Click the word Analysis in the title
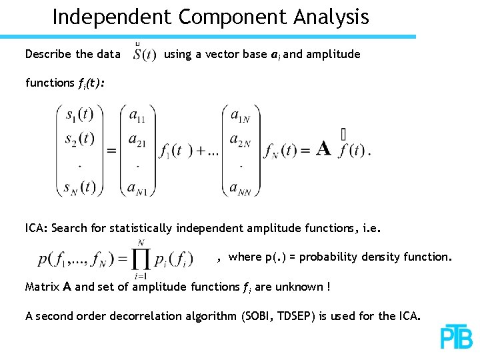[x=326, y=17]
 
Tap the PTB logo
[x=456, y=337]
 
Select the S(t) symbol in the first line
[x=144, y=54]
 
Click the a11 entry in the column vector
[x=137, y=117]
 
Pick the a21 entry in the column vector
[x=137, y=140]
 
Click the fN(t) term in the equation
[x=280, y=151]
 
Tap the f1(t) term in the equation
[x=174, y=151]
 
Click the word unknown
[x=297, y=287]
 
